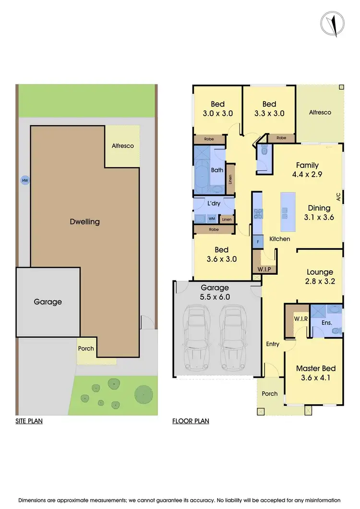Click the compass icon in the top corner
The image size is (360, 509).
332,23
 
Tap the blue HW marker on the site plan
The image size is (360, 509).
24,181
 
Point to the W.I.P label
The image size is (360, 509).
264,268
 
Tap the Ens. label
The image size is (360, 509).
326,323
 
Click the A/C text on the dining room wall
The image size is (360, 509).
338,197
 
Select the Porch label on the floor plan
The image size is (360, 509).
270,394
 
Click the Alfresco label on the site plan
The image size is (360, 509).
122,145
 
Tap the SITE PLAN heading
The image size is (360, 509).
29,422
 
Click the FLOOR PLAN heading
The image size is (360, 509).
191,422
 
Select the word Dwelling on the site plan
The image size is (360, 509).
84,221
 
